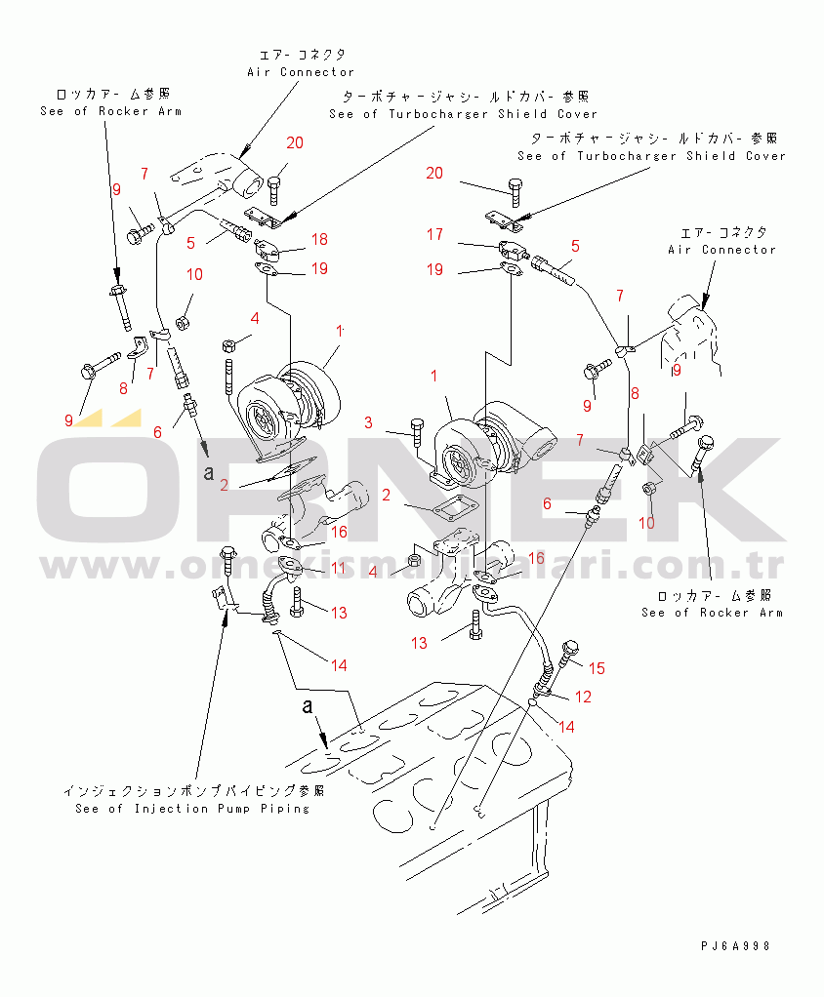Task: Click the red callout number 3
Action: click(369, 422)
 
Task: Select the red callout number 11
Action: click(338, 569)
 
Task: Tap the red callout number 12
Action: click(584, 697)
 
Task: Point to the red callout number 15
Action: click(597, 668)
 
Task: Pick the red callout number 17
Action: click(435, 234)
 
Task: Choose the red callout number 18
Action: click(319, 239)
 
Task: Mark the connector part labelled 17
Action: click(512, 250)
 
